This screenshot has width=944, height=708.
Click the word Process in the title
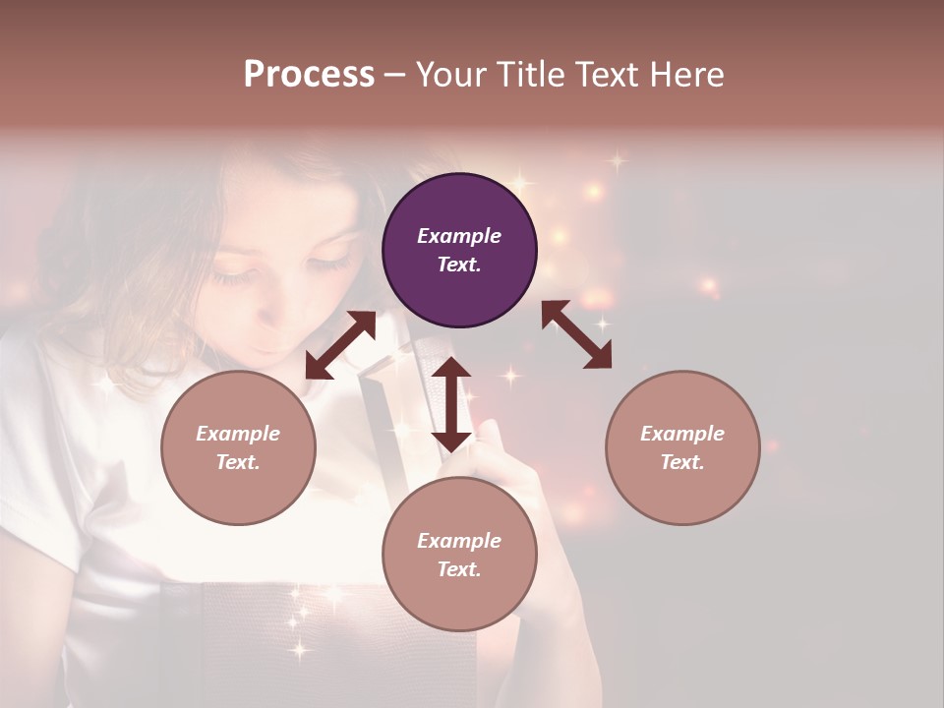(309, 75)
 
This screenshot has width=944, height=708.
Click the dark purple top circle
(459, 251)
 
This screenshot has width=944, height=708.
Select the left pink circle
(238, 447)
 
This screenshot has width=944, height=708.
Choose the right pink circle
(682, 447)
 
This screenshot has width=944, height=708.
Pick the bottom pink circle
(459, 555)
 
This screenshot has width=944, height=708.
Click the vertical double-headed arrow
(451, 404)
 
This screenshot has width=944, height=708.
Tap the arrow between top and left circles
(340, 345)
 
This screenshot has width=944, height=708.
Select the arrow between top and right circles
(576, 334)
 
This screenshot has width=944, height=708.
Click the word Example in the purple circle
(459, 236)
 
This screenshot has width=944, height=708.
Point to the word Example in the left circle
(238, 434)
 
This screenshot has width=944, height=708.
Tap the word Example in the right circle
(682, 434)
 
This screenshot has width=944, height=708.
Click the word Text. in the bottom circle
(459, 569)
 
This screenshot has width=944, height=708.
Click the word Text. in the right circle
(682, 462)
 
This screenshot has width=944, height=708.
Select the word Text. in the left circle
(238, 462)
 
